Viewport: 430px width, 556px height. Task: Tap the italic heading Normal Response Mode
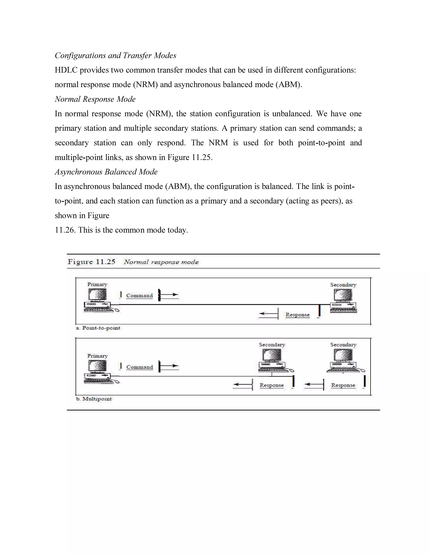[x=95, y=99]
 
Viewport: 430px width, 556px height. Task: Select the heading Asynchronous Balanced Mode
[x=106, y=172]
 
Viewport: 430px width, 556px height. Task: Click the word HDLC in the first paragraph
[x=66, y=70]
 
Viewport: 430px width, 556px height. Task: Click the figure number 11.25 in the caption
[x=105, y=262]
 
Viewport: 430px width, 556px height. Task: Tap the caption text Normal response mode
[x=161, y=262]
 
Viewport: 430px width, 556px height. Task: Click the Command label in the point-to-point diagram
[x=139, y=296]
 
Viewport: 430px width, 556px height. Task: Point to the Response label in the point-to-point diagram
[x=297, y=315]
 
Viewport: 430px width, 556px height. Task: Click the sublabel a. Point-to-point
[x=98, y=328]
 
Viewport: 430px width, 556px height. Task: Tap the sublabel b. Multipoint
[x=94, y=399]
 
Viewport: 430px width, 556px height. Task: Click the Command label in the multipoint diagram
[x=140, y=367]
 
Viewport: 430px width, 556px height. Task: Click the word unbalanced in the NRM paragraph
[x=292, y=114]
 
